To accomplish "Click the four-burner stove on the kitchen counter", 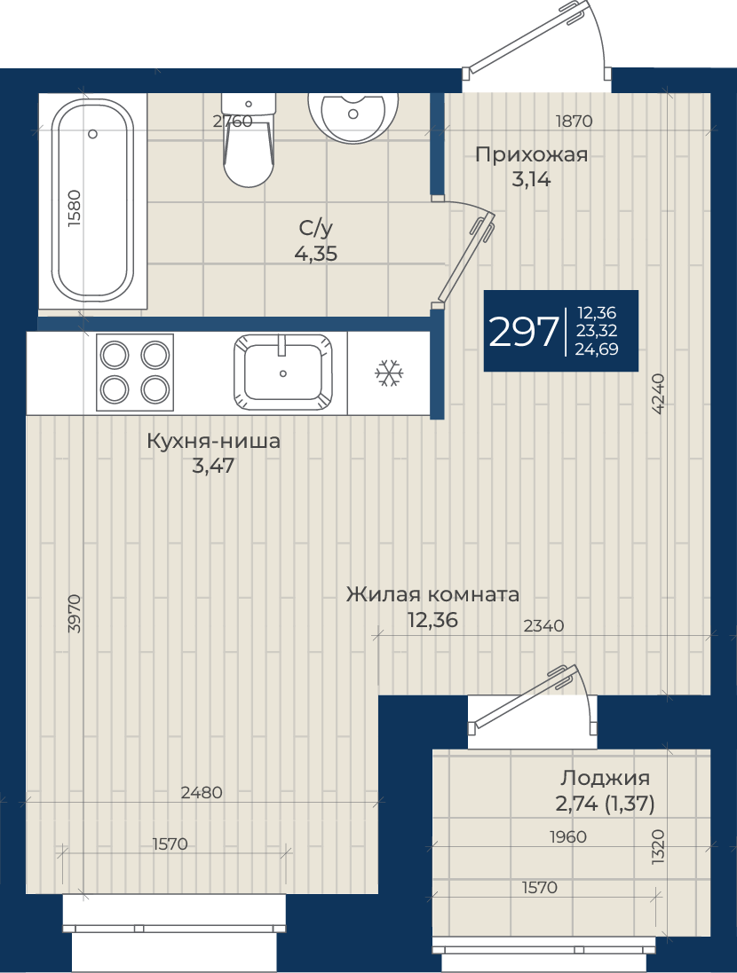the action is click(x=135, y=373).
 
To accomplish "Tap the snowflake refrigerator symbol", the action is click(x=389, y=373).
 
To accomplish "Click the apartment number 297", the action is click(x=523, y=332).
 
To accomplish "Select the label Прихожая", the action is click(x=531, y=154).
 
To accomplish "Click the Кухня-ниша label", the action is click(x=213, y=441).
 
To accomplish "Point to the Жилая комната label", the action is click(x=432, y=594).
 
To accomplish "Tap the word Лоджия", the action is click(x=606, y=778).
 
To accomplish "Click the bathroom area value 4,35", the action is click(x=316, y=254).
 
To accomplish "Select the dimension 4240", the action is click(x=658, y=394).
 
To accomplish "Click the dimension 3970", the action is click(x=74, y=613).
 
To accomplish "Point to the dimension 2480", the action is click(x=202, y=792).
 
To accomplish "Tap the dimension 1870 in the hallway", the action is click(x=574, y=121).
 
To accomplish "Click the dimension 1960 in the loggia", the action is click(x=568, y=837).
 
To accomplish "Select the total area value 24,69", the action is click(x=597, y=349).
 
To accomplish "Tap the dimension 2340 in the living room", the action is click(x=543, y=626).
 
